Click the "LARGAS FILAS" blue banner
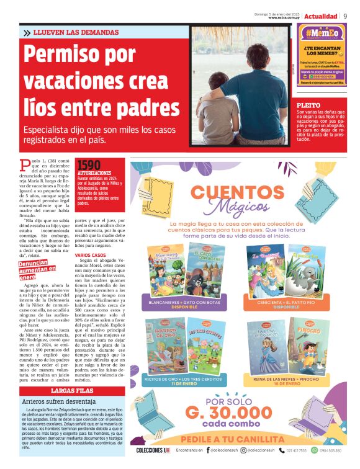coord(72,391)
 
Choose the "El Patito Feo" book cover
coord(305,269)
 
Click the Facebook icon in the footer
coord(209,450)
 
